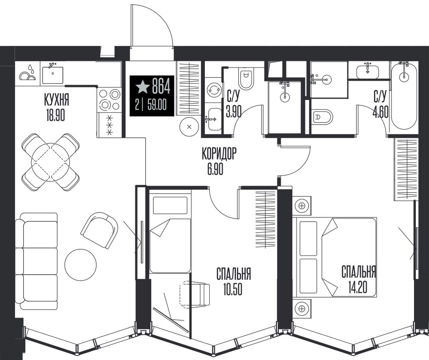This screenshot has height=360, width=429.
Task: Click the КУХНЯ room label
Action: tap(57, 100)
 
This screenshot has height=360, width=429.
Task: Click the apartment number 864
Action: tap(161, 86)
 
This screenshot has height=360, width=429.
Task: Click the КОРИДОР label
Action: tap(219, 154)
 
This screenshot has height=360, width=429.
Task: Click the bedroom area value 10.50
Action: tap(233, 289)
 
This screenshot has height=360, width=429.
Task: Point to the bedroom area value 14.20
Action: tap(358, 287)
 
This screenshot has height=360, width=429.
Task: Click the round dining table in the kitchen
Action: tap(50, 163)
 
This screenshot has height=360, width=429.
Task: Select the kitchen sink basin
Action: tap(53, 75)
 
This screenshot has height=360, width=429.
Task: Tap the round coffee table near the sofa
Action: tap(80, 265)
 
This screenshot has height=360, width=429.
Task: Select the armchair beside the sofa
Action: tap(100, 230)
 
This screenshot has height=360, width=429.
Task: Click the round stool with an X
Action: tap(189, 127)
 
